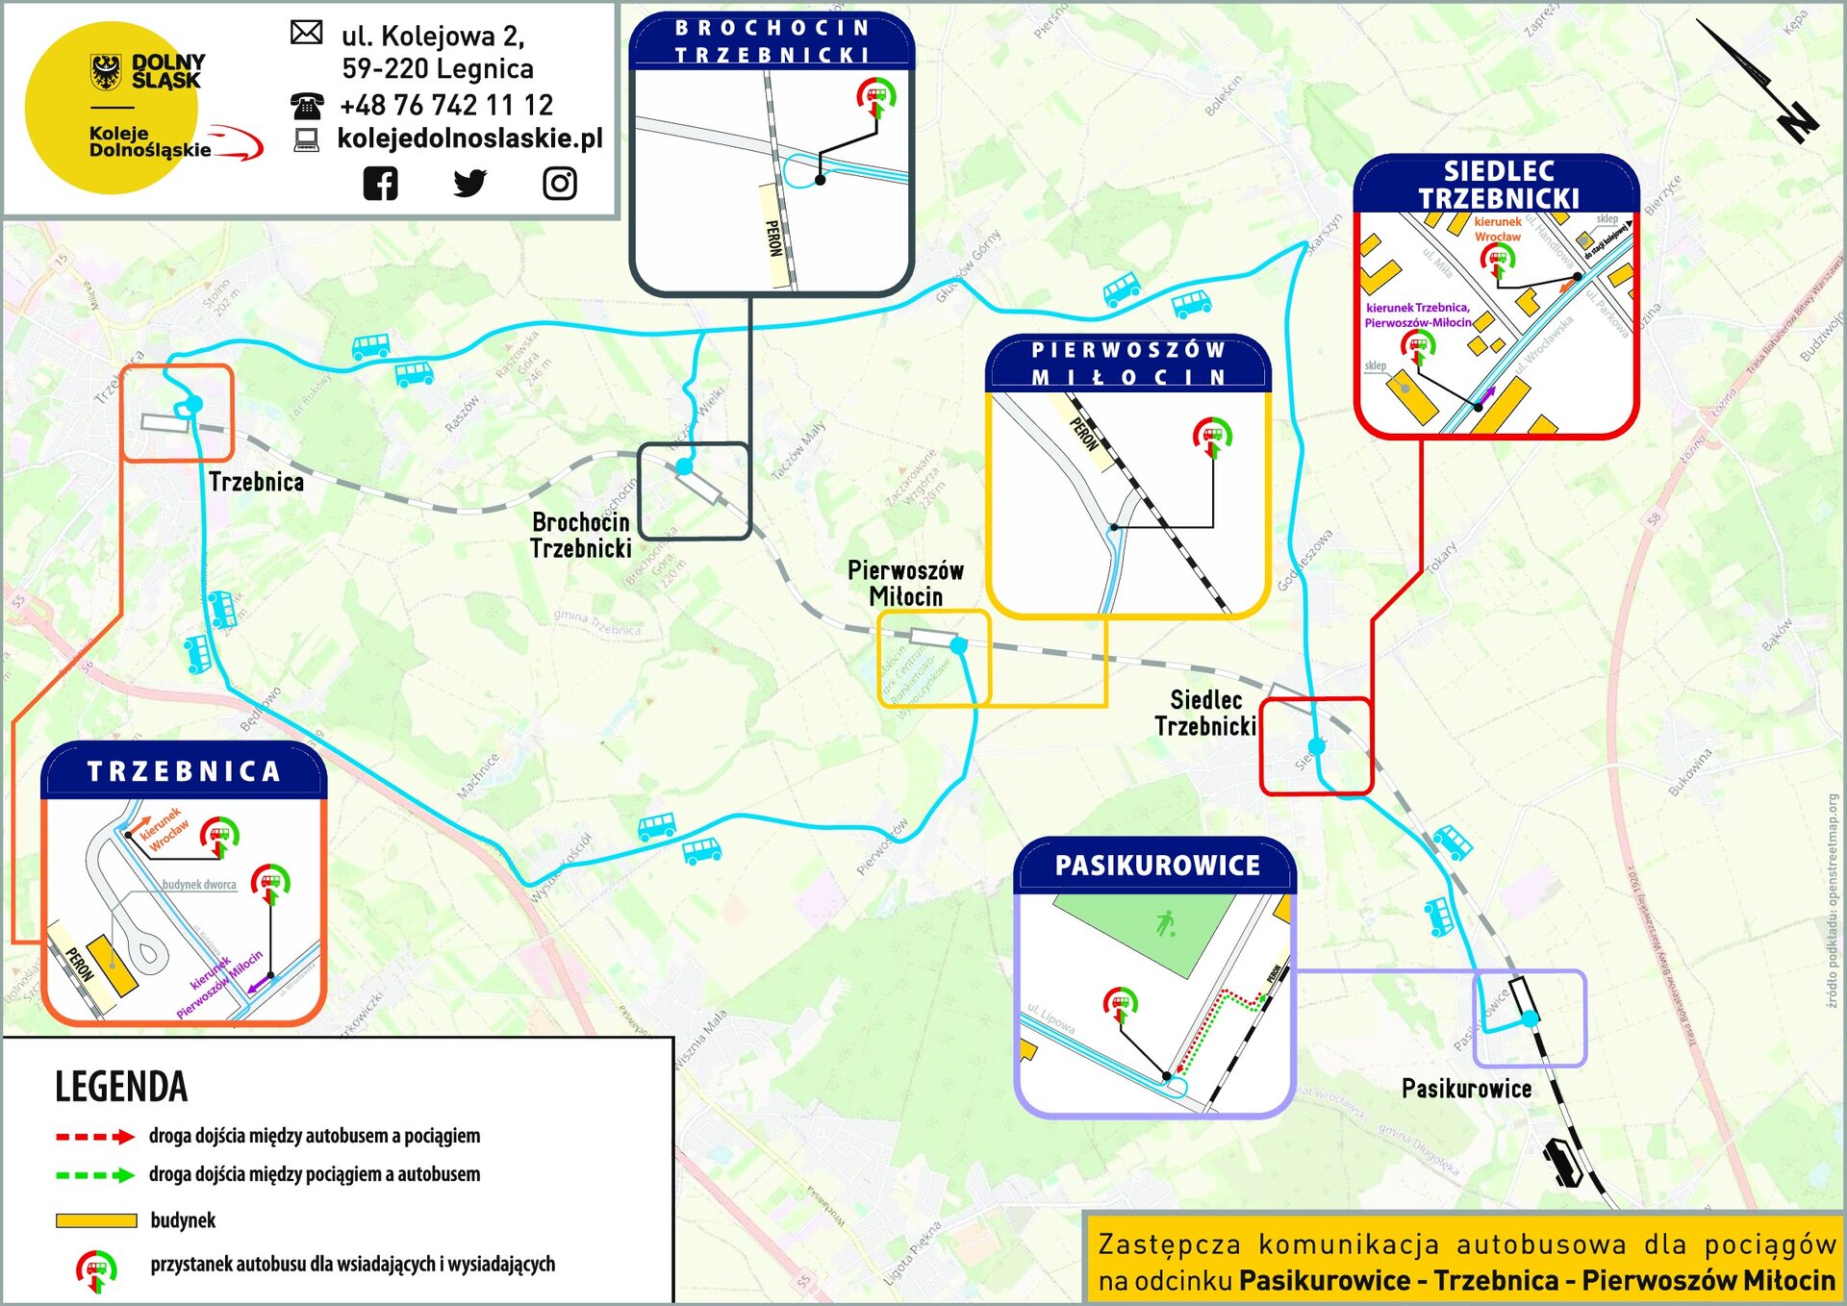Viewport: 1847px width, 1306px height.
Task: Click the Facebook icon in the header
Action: [380, 183]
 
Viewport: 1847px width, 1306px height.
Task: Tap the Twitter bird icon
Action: [469, 183]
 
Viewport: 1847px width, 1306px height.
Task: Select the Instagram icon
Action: [560, 183]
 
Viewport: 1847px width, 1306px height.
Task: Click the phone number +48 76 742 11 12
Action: [445, 105]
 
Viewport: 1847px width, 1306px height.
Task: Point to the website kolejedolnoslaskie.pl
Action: [469, 138]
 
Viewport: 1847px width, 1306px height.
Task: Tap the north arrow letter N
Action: [1795, 121]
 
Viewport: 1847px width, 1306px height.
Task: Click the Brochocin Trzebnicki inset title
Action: [772, 41]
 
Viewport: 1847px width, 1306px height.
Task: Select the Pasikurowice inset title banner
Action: [1156, 866]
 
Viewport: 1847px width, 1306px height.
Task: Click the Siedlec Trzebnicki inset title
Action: [1498, 185]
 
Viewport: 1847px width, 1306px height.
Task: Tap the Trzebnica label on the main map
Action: [256, 482]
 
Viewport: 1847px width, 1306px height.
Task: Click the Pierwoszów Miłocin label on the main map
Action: [904, 583]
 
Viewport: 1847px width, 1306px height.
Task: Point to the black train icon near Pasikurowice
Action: [1561, 1162]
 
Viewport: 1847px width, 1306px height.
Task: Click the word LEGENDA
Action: [121, 1087]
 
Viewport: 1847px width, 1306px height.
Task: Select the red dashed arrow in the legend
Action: [94, 1137]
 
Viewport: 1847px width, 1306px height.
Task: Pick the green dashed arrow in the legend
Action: [94, 1175]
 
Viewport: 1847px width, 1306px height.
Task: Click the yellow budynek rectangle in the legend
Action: [96, 1220]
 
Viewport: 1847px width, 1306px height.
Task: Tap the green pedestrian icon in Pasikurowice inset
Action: [1166, 924]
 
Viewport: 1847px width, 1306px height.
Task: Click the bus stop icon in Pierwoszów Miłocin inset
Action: [1212, 437]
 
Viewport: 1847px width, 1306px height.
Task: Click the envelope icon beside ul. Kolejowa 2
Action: [306, 33]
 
